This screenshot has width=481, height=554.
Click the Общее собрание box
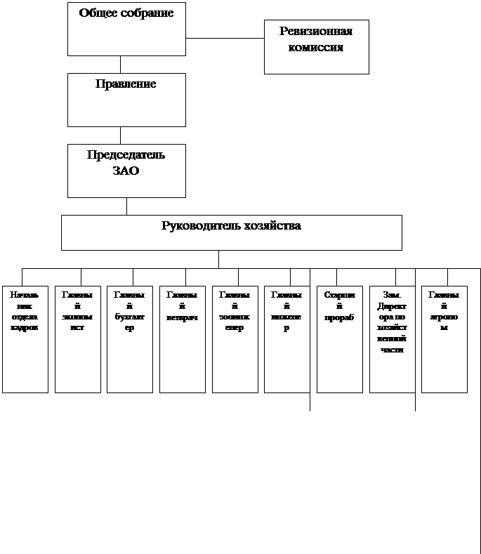pyautogui.click(x=126, y=29)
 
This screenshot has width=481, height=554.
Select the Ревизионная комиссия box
pyautogui.click(x=316, y=47)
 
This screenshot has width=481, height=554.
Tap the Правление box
pyautogui.click(x=126, y=100)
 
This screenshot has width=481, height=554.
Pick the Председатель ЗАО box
pyautogui.click(x=126, y=171)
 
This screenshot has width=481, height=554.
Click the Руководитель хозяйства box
pyautogui.click(x=231, y=232)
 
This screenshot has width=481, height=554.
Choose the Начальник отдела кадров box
pyautogui.click(x=25, y=339)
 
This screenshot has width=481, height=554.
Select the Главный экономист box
pyautogui.click(x=77, y=339)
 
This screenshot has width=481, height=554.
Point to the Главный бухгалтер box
pyautogui.click(x=129, y=339)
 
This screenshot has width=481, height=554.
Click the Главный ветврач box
pyautogui.click(x=182, y=339)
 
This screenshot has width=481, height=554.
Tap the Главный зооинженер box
pyautogui.click(x=235, y=339)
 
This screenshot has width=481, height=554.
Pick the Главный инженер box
pyautogui.click(x=286, y=339)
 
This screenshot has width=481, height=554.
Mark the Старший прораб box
pyautogui.click(x=339, y=339)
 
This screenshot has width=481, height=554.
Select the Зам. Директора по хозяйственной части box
pyautogui.click(x=392, y=339)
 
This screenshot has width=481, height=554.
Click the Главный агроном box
pyautogui.click(x=444, y=339)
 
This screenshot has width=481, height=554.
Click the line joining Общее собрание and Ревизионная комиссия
pyautogui.click(x=225, y=38)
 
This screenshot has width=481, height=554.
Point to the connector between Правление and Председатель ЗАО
pyautogui.click(x=120, y=135)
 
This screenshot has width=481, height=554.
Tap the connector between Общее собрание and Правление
pyautogui.click(x=120, y=64)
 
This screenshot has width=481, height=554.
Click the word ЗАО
pyautogui.click(x=126, y=171)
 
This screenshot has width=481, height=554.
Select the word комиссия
pyautogui.click(x=316, y=48)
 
